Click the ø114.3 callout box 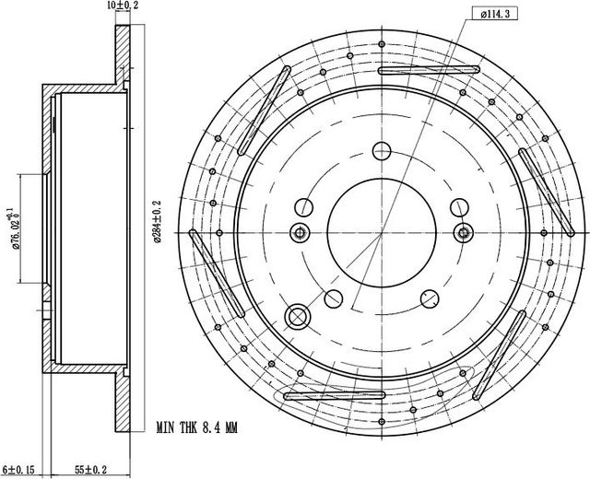tap(494, 15)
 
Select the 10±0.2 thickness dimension tap(123, 5)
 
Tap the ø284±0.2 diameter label tap(157, 221)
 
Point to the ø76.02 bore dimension tap(14, 228)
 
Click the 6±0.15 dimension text tap(18, 470)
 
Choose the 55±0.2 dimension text tap(90, 470)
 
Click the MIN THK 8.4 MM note tap(196, 427)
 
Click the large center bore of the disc tap(382, 233)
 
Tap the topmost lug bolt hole tap(382, 151)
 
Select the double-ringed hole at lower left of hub tap(298, 316)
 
